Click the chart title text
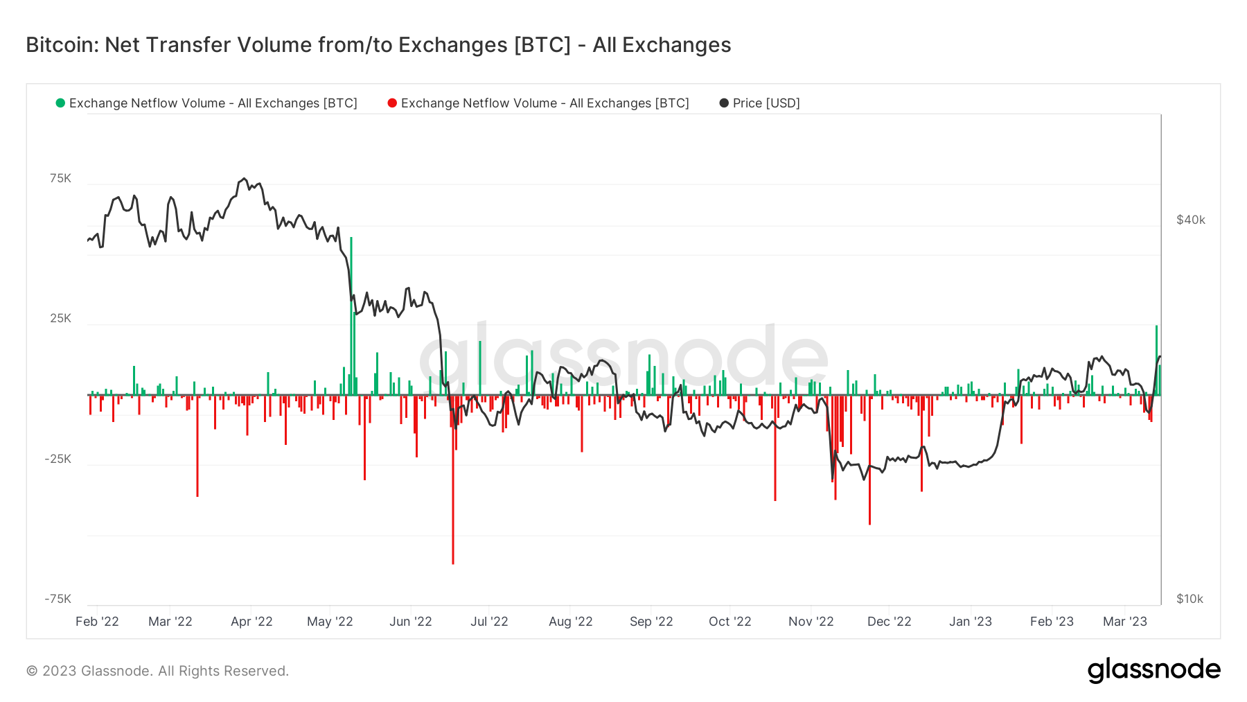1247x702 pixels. coord(378,45)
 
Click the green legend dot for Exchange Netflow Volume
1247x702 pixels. coord(60,103)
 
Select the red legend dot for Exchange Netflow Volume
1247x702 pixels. coord(392,103)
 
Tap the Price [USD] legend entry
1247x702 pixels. coord(760,103)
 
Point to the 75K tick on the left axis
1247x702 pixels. coord(61,179)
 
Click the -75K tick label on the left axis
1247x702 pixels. coord(58,599)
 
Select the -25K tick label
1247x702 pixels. coord(58,459)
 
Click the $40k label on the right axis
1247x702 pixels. coord(1191,220)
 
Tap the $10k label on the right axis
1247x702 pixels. coord(1190,599)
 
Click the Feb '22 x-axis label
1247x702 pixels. coord(97,622)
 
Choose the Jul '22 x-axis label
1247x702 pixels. coord(489,622)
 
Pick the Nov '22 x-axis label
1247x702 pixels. coord(811,622)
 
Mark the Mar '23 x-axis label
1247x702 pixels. coord(1125,622)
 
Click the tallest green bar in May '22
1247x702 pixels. coord(351,316)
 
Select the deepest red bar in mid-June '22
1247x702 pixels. coord(453,480)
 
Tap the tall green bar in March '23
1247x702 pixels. coord(1156,360)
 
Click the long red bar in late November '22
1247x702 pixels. coord(869,459)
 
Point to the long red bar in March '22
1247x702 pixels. coord(197,446)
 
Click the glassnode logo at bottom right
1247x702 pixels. coord(1154,670)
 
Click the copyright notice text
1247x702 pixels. coord(157,671)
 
